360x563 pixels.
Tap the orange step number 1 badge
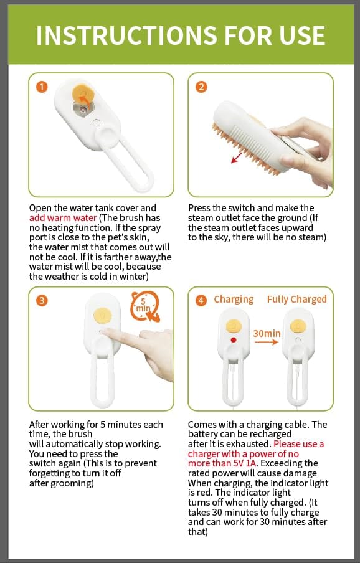(x=42, y=87)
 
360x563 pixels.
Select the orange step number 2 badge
(x=201, y=87)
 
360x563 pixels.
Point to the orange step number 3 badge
(x=42, y=300)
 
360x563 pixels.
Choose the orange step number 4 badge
(x=201, y=300)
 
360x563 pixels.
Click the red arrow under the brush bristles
(x=236, y=158)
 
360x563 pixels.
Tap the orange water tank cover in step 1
(x=83, y=93)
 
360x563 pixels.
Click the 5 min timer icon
(x=144, y=306)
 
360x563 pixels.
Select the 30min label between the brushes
(x=267, y=334)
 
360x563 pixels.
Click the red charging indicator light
(x=234, y=339)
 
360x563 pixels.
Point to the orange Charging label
(x=234, y=300)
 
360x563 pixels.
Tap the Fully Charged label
(x=297, y=300)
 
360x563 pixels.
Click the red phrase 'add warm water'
(x=63, y=218)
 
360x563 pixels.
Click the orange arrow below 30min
(x=267, y=342)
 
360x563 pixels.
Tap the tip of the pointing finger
(x=102, y=332)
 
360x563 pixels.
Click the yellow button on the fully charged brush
(x=298, y=326)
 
